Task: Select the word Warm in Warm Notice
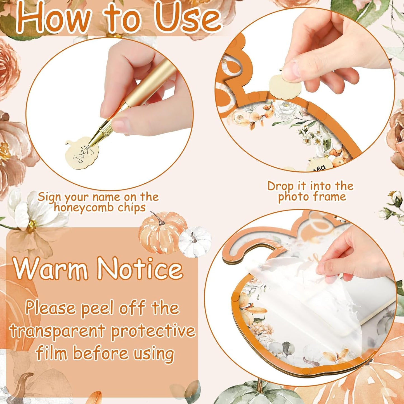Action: tap(51, 269)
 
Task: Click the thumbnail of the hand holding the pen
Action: tap(109, 114)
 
